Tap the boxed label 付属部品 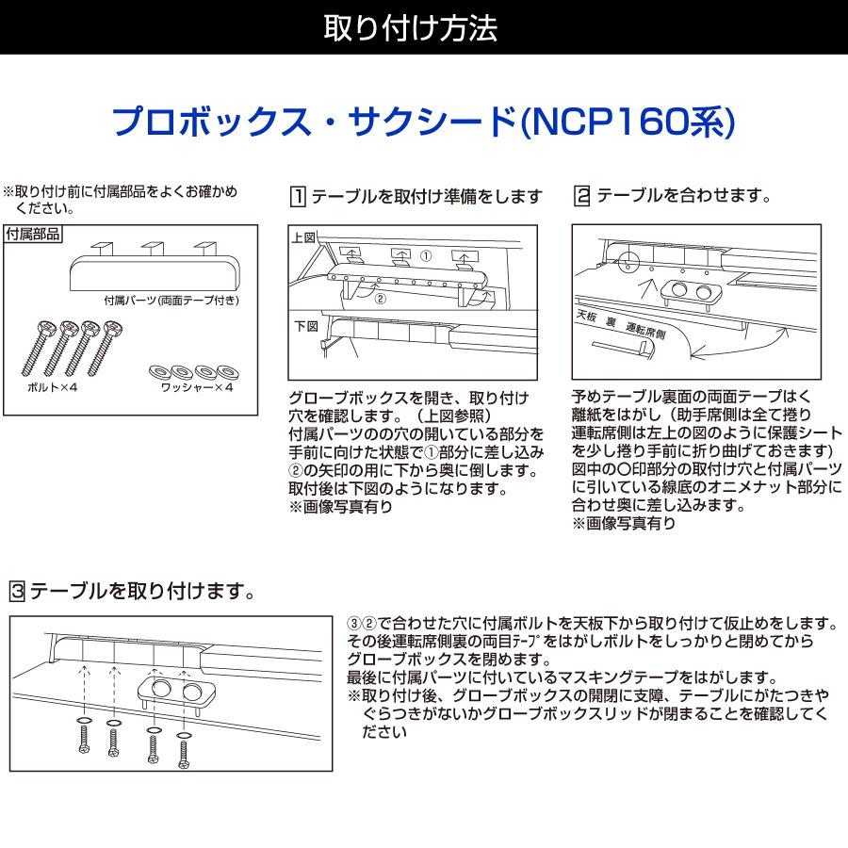[x=33, y=234]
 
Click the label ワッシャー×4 [x=196, y=387]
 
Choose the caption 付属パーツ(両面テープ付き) [x=171, y=301]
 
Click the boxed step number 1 [x=297, y=197]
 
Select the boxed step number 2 [x=581, y=197]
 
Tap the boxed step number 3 [x=16, y=592]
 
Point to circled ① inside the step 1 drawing [x=425, y=255]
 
